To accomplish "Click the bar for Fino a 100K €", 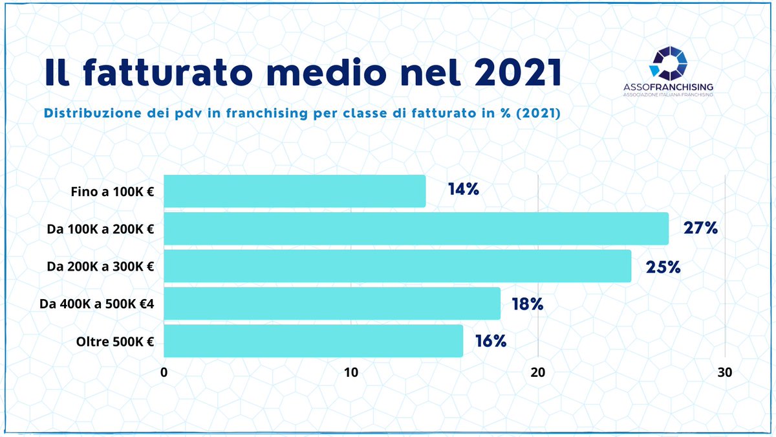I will (x=294, y=191).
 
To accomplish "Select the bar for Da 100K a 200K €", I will (x=416, y=229).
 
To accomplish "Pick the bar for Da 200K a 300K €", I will (x=397, y=266).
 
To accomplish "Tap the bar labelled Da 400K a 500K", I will (x=332, y=304).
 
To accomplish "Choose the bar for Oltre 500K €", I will (x=313, y=341).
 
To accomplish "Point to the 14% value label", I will (x=463, y=190).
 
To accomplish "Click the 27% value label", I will (x=701, y=228).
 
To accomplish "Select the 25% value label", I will (x=663, y=266).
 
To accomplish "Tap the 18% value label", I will (x=527, y=304).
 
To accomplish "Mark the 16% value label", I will (x=490, y=341).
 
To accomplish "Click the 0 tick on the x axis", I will (x=164, y=373).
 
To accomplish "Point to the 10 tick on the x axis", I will (x=351, y=373).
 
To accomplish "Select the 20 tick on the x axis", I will (x=538, y=373).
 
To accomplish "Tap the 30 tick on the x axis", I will (x=725, y=373).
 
